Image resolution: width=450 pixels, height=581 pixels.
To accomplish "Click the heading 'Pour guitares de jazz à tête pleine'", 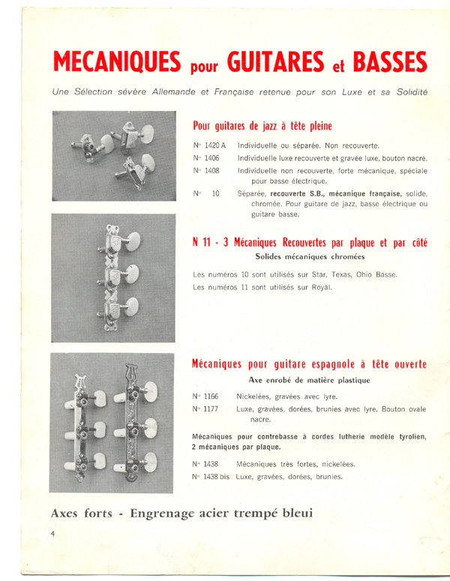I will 262,126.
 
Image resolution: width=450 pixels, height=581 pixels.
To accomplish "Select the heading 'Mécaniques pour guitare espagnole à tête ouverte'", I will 310,365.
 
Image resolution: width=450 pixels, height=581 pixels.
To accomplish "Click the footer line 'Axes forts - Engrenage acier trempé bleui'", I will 181,514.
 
